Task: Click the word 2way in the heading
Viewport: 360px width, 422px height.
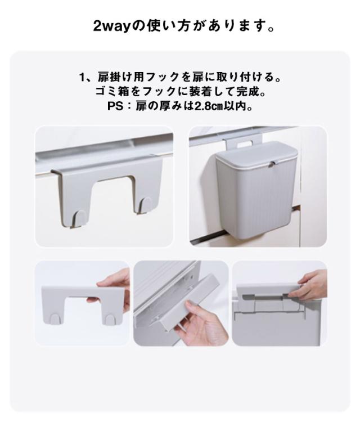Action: (112, 26)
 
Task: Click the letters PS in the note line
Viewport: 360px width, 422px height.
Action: (115, 106)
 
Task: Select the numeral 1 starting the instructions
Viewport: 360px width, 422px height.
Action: (82, 78)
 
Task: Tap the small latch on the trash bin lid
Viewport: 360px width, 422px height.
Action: (273, 163)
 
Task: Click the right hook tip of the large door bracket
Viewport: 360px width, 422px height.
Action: (145, 205)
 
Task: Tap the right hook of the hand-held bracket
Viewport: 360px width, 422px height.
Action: (110, 320)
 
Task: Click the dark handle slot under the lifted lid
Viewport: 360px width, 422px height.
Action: (265, 298)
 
